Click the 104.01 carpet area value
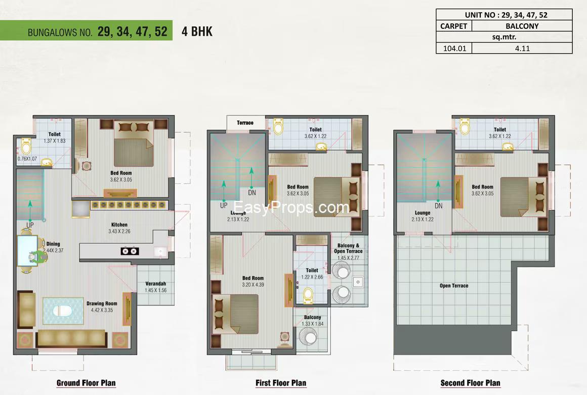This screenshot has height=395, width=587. [454, 48]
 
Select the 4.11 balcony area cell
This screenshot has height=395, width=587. [522, 48]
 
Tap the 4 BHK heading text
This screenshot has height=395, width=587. [197, 31]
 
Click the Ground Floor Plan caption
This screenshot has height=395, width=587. [86, 383]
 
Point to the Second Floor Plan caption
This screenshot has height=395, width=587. [470, 383]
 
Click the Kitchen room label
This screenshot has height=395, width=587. [119, 225]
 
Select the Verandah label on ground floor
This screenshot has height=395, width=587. [156, 284]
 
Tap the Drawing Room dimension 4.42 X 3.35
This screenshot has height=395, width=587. [102, 310]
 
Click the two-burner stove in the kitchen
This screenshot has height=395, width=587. [130, 251]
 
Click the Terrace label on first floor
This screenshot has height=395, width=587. [245, 123]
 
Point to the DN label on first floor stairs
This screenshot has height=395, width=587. [252, 193]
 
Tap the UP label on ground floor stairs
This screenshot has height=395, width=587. [30, 225]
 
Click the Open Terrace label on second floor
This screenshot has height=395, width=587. [454, 286]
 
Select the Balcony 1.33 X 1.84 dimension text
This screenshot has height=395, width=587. [313, 324]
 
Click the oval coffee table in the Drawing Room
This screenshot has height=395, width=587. [62, 311]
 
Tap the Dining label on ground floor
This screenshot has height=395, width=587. [53, 244]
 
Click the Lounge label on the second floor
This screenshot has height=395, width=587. [422, 213]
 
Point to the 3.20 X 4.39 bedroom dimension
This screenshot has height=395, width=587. [253, 285]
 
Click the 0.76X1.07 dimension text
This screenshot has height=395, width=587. [27, 159]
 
